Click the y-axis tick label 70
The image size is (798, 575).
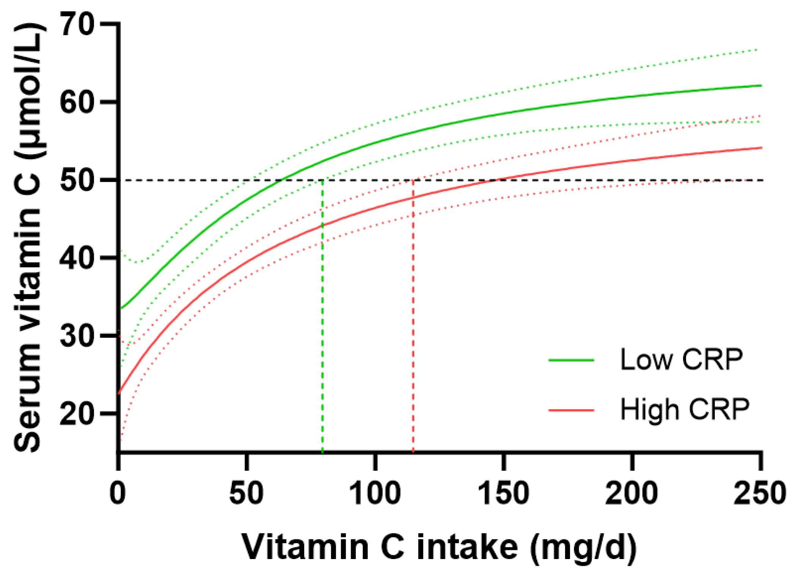point(77,24)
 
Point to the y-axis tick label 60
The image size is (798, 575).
point(77,102)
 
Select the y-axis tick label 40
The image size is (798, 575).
point(77,258)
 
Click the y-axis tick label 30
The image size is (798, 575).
point(77,336)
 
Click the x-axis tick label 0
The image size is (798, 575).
point(118,493)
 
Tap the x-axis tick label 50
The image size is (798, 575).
point(247,493)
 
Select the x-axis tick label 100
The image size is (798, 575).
point(375,493)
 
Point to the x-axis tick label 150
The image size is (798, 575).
point(504,493)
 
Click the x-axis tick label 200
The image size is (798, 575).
point(632,493)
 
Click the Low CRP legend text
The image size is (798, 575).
point(681,359)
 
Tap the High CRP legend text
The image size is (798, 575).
point(685,409)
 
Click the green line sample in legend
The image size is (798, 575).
point(571,360)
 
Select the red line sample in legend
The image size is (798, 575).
point(571,410)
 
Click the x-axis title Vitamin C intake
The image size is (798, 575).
point(439,547)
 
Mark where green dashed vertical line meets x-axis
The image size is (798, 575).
point(323,452)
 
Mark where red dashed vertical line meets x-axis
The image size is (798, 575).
point(413,452)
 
